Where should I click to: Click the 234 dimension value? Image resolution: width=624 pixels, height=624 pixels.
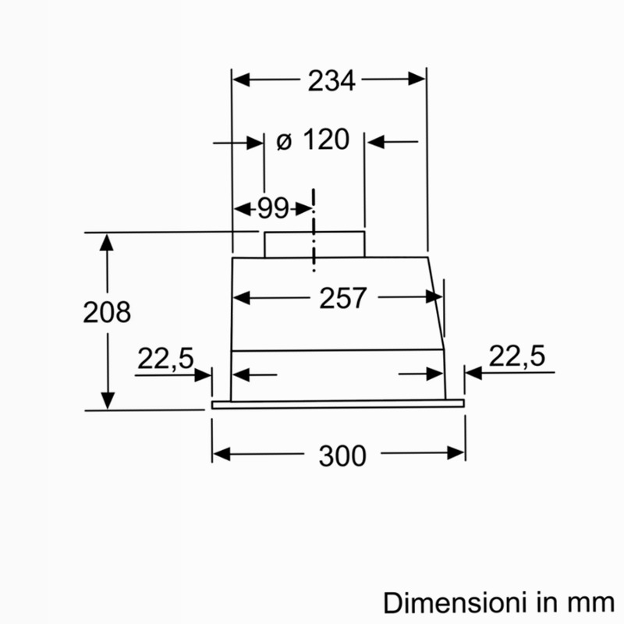pyautogui.click(x=331, y=81)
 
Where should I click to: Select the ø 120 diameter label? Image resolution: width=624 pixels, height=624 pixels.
pyautogui.click(x=314, y=140)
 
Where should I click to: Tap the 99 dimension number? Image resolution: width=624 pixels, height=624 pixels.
pyautogui.click(x=272, y=208)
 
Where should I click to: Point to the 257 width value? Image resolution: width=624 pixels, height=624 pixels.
pyautogui.click(x=342, y=298)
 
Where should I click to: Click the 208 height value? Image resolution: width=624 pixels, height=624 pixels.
pyautogui.click(x=107, y=312)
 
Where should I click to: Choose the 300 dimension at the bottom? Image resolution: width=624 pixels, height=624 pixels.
pyautogui.click(x=342, y=456)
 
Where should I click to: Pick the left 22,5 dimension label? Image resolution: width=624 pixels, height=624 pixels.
pyautogui.click(x=165, y=359)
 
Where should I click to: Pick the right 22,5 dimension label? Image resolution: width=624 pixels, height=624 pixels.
pyautogui.click(x=516, y=356)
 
